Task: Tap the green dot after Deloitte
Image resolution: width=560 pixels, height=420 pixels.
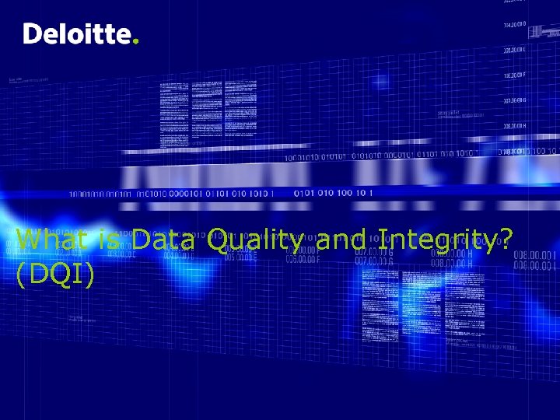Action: tap(137, 42)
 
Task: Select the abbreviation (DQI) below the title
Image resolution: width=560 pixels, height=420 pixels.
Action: tap(55, 273)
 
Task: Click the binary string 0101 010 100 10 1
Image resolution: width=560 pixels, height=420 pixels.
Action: tap(333, 192)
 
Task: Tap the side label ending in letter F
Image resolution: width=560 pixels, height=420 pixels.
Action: tap(515, 75)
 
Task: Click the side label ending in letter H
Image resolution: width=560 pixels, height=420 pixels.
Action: tap(515, 126)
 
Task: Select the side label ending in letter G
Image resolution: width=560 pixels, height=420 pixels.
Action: tap(515, 100)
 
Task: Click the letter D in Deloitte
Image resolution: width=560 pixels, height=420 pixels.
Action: tap(32, 34)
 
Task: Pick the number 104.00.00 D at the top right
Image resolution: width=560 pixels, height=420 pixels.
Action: tap(515, 25)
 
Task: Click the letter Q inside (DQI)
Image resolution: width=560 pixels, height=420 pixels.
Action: tap(61, 273)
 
